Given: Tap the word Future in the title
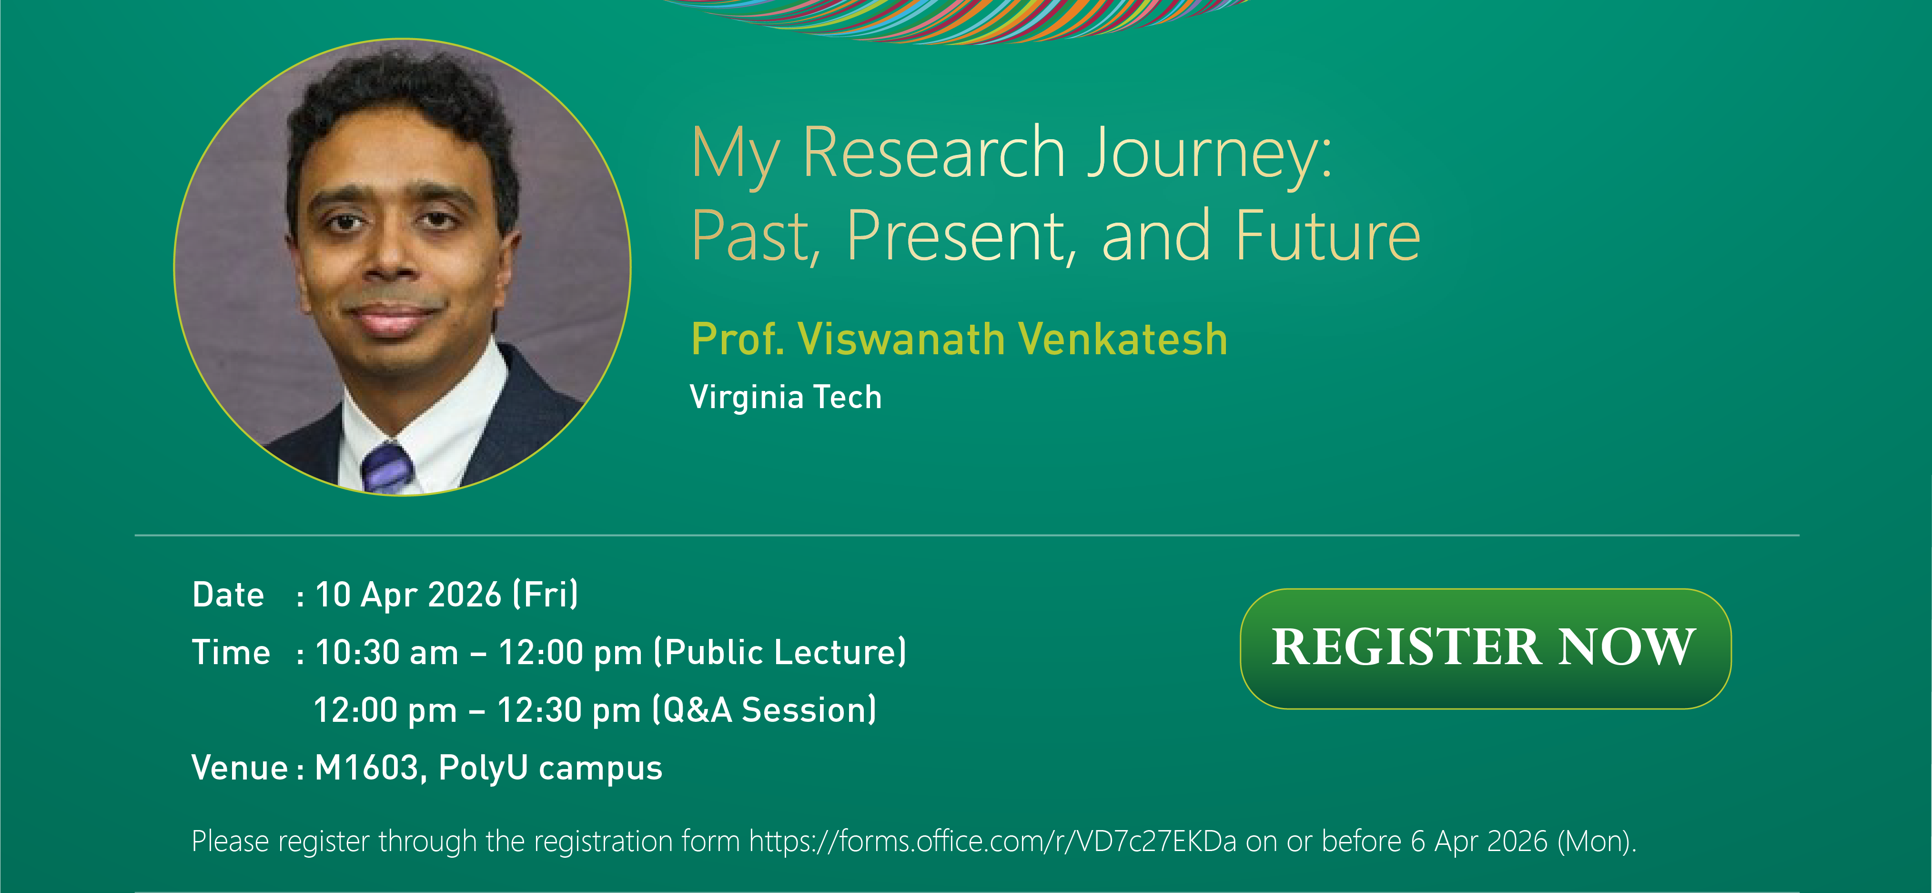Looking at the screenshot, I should pyautogui.click(x=1327, y=236).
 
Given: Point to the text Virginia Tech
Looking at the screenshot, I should pyautogui.click(x=785, y=397).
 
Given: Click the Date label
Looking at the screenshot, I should pyautogui.click(x=228, y=595).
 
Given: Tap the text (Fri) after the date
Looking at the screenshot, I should pyautogui.click(x=545, y=595).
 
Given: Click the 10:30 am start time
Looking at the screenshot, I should pyautogui.click(x=386, y=653).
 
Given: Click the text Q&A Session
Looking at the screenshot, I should pyautogui.click(x=765, y=710).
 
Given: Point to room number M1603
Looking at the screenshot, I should pyautogui.click(x=366, y=768).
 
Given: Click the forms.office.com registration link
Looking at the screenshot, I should pyautogui.click(x=992, y=841).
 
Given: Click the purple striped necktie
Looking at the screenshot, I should pyautogui.click(x=387, y=469).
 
